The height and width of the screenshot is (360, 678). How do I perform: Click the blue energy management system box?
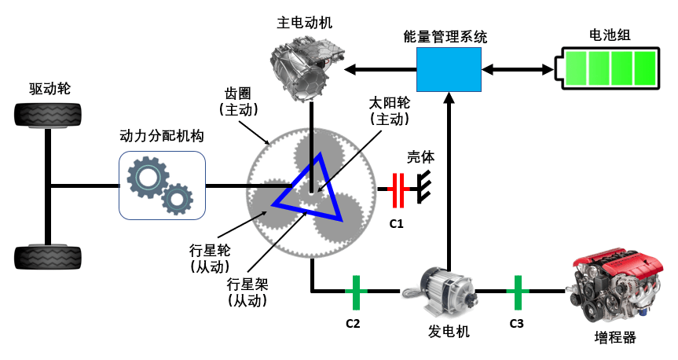click(x=449, y=69)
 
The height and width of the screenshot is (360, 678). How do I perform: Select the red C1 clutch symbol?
click(x=398, y=189)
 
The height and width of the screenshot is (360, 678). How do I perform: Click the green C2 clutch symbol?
click(x=356, y=292)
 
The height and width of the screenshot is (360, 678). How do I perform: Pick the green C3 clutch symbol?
click(x=518, y=292)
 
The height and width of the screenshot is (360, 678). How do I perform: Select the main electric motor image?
click(x=307, y=69)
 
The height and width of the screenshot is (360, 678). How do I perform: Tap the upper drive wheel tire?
click(x=48, y=115)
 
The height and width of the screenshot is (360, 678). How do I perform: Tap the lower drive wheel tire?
click(x=48, y=258)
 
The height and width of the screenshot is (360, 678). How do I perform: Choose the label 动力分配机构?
click(x=162, y=136)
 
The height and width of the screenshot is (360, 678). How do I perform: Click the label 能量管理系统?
click(x=445, y=37)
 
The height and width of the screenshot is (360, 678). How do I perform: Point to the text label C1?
click(x=396, y=224)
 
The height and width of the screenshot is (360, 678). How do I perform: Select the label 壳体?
click(x=420, y=157)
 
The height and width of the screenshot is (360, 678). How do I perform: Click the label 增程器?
click(x=615, y=337)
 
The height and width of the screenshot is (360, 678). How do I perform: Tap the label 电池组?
click(x=610, y=35)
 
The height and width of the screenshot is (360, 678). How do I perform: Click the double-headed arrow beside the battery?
click(x=518, y=69)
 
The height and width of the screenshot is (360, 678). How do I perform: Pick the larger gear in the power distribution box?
click(x=148, y=178)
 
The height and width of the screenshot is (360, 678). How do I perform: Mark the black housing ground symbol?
click(x=424, y=187)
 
